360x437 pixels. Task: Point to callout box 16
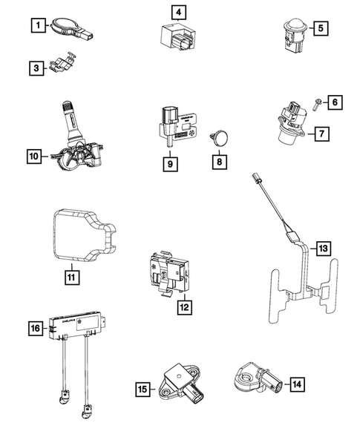point(35,327)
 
